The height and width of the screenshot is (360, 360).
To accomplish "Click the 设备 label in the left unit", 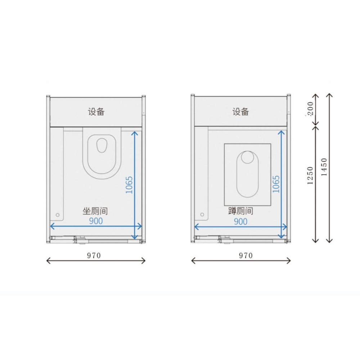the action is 96,112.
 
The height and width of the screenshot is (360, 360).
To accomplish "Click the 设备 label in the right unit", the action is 240,112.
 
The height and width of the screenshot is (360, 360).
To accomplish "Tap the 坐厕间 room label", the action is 95,211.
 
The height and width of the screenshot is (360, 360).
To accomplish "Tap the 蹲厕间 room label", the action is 240,211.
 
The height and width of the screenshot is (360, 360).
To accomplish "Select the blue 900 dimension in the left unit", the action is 96,221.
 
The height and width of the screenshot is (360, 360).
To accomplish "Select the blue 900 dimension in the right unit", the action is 240,221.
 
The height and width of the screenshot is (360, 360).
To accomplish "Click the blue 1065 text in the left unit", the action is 129,185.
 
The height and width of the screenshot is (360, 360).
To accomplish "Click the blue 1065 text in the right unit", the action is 276,184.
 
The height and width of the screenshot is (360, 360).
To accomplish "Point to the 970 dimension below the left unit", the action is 94,256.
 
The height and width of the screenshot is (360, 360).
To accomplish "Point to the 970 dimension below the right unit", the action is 246,256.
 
